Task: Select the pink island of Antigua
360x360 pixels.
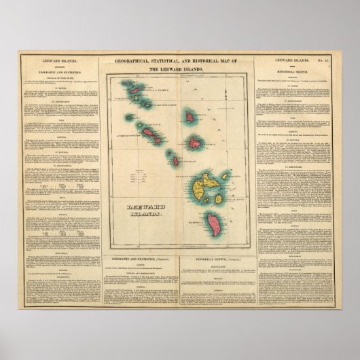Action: [194, 143]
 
